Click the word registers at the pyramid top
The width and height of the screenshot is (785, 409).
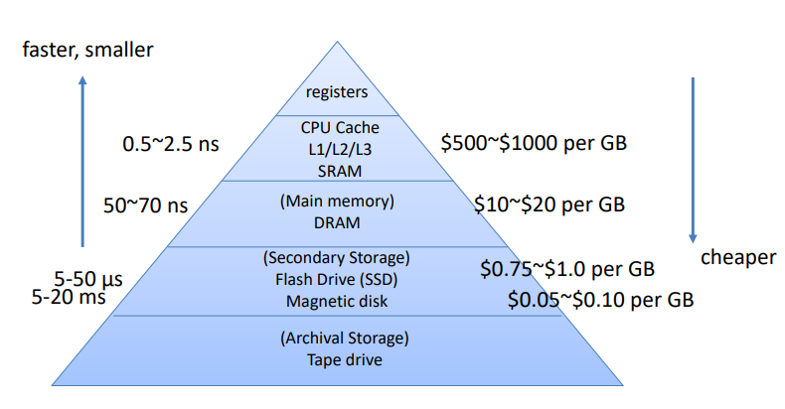[x=337, y=92]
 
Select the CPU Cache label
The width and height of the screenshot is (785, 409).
[x=340, y=127]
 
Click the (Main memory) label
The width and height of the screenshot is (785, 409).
[x=339, y=202]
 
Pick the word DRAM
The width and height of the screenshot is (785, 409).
[x=340, y=221]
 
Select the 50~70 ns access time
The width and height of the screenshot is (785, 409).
[x=145, y=205]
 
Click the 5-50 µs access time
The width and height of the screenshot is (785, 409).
[x=88, y=279]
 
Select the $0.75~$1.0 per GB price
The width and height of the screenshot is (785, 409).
[x=566, y=268]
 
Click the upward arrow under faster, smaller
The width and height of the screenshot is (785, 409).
[x=83, y=163]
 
